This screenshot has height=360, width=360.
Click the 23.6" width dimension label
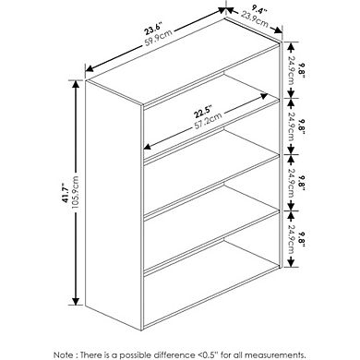click(x=143, y=27)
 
